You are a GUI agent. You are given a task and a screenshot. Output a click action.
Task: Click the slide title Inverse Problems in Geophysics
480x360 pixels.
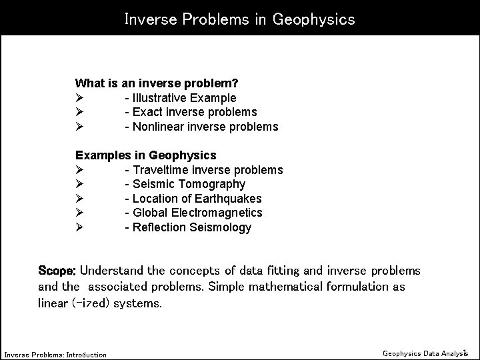239,19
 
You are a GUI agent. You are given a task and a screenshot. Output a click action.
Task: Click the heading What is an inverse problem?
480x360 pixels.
157,84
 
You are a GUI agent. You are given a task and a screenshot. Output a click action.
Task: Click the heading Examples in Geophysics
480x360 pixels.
145,155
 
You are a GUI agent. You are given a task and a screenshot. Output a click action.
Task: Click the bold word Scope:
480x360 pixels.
58,271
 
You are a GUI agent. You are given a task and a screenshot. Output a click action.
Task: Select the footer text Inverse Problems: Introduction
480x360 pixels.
55,355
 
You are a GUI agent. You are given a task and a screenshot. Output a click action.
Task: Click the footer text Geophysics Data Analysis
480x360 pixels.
425,353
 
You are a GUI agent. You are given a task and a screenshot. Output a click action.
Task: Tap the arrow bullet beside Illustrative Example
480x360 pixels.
79,98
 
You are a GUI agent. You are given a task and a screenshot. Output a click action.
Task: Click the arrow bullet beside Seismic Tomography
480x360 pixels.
79,184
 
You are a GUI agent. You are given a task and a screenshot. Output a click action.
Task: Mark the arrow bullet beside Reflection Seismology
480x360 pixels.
79,227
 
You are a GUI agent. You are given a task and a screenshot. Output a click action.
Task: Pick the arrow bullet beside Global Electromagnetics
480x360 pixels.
79,213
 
